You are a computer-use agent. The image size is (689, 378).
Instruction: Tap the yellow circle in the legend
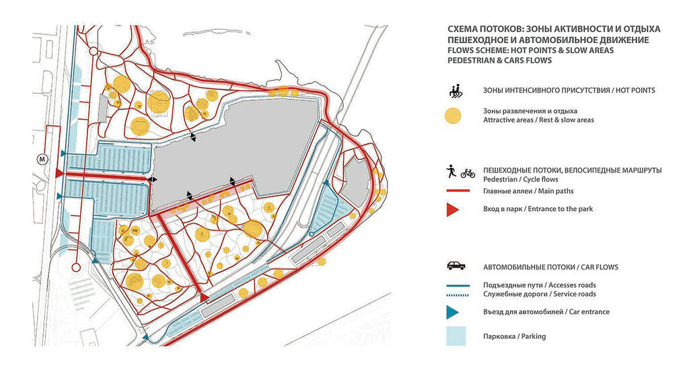[454, 116]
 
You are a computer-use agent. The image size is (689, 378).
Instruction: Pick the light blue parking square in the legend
[455, 336]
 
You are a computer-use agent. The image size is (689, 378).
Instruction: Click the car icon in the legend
[455, 266]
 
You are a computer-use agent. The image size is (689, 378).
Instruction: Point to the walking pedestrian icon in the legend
[450, 172]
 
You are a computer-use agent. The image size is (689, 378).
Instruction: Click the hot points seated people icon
[455, 89]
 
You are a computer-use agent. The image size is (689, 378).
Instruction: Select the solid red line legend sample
[455, 191]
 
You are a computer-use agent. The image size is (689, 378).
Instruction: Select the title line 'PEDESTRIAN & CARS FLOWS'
[499, 61]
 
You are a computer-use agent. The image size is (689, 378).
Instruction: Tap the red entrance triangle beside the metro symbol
[59, 174]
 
